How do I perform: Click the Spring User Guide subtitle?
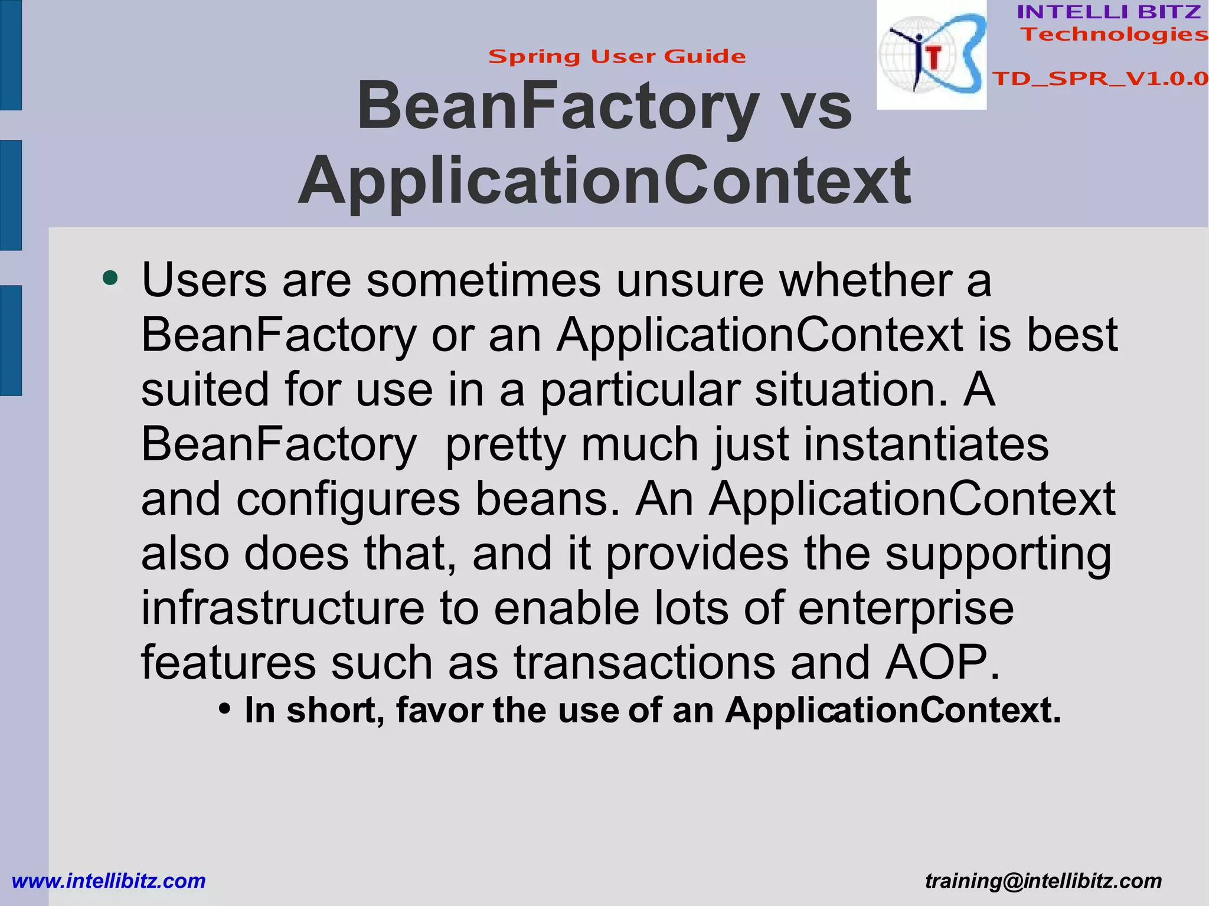[x=617, y=57]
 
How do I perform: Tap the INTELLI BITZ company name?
[x=1109, y=12]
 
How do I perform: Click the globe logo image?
[x=931, y=55]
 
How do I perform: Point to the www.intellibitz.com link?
[x=109, y=881]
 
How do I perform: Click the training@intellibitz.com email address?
[x=1043, y=881]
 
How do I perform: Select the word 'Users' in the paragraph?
[x=204, y=280]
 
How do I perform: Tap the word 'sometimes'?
[x=483, y=280]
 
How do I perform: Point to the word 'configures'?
[x=348, y=499]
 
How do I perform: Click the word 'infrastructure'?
[x=283, y=609]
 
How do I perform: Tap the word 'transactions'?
[x=644, y=663]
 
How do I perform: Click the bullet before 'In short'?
[x=224, y=708]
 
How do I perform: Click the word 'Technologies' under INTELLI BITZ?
[x=1114, y=34]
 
